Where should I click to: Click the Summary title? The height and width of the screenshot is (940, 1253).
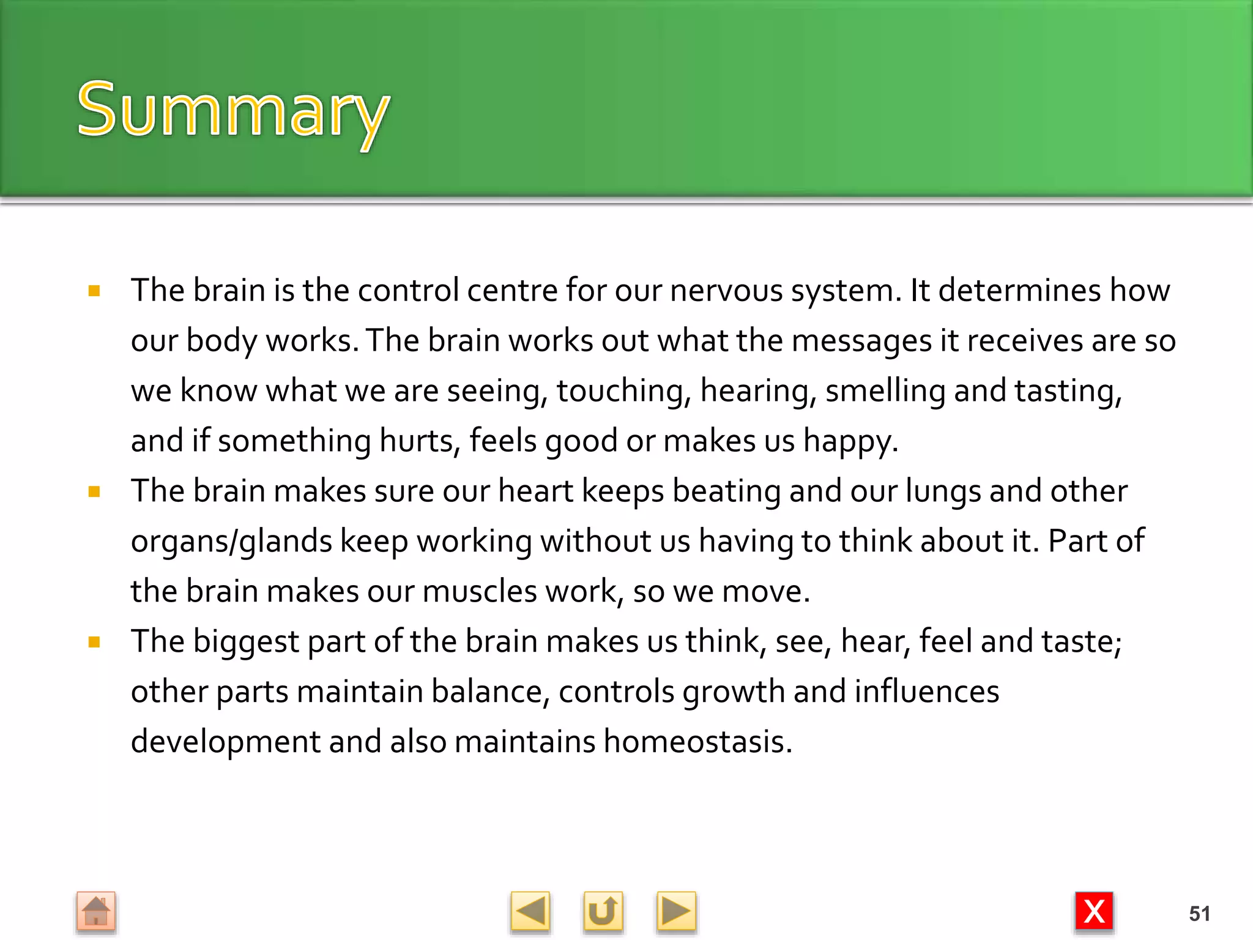point(233,110)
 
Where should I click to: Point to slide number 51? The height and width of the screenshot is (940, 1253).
point(1199,914)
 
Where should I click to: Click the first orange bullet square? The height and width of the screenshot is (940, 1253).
point(94,291)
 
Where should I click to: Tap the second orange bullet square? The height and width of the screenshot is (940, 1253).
point(94,491)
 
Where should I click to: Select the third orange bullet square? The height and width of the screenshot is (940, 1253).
point(94,642)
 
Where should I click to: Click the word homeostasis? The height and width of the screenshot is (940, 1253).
point(697,742)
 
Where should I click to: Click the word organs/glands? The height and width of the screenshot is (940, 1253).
point(231,542)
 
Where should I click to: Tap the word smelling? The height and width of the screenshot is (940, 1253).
point(885,392)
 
